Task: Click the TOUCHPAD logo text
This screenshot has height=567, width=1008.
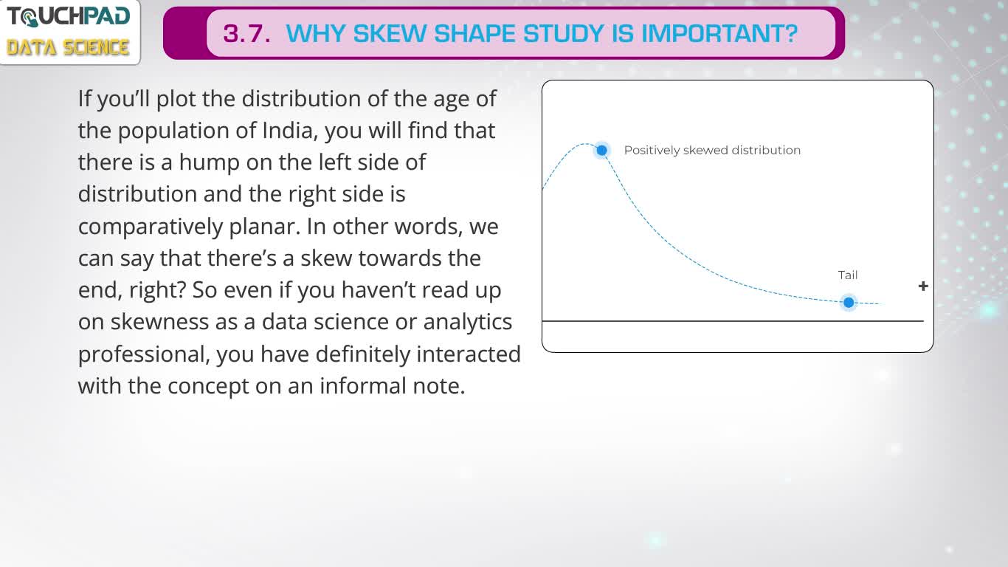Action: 69,17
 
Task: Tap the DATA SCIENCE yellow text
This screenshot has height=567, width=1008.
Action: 68,47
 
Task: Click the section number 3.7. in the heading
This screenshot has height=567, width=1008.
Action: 247,34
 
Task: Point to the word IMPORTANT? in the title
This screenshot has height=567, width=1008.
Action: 719,34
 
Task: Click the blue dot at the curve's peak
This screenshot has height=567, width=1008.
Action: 601,150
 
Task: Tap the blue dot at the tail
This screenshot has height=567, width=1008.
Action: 849,302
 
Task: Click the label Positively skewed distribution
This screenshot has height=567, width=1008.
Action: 712,150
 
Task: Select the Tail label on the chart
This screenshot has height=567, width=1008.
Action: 848,275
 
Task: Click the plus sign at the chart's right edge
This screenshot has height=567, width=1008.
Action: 923,286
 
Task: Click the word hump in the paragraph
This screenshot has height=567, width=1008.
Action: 210,162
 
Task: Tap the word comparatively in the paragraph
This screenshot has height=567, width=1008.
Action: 151,227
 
